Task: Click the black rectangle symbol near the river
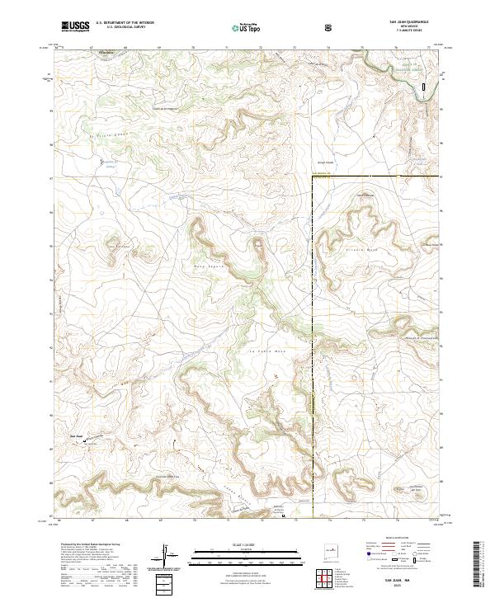[425, 85]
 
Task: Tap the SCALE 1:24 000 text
[240, 543]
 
